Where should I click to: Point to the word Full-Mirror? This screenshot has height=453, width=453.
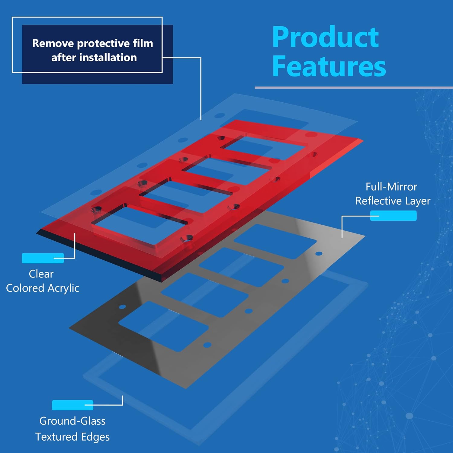(391, 187)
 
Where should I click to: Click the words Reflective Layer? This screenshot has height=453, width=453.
(393, 201)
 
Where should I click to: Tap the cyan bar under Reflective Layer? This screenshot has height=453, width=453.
(394, 216)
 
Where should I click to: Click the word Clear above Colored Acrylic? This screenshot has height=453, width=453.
(41, 274)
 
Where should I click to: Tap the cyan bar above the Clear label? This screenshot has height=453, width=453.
(43, 258)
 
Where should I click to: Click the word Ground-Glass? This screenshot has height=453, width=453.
(72, 421)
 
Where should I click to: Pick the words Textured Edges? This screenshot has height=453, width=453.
(72, 437)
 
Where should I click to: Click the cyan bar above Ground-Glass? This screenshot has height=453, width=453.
(72, 405)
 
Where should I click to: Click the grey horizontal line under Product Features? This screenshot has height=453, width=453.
(354, 88)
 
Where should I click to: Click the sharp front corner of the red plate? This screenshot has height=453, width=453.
(162, 282)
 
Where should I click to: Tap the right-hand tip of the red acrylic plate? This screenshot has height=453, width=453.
(363, 140)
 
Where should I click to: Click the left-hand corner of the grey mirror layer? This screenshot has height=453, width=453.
(69, 328)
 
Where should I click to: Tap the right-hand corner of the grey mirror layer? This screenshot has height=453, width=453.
(365, 236)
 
